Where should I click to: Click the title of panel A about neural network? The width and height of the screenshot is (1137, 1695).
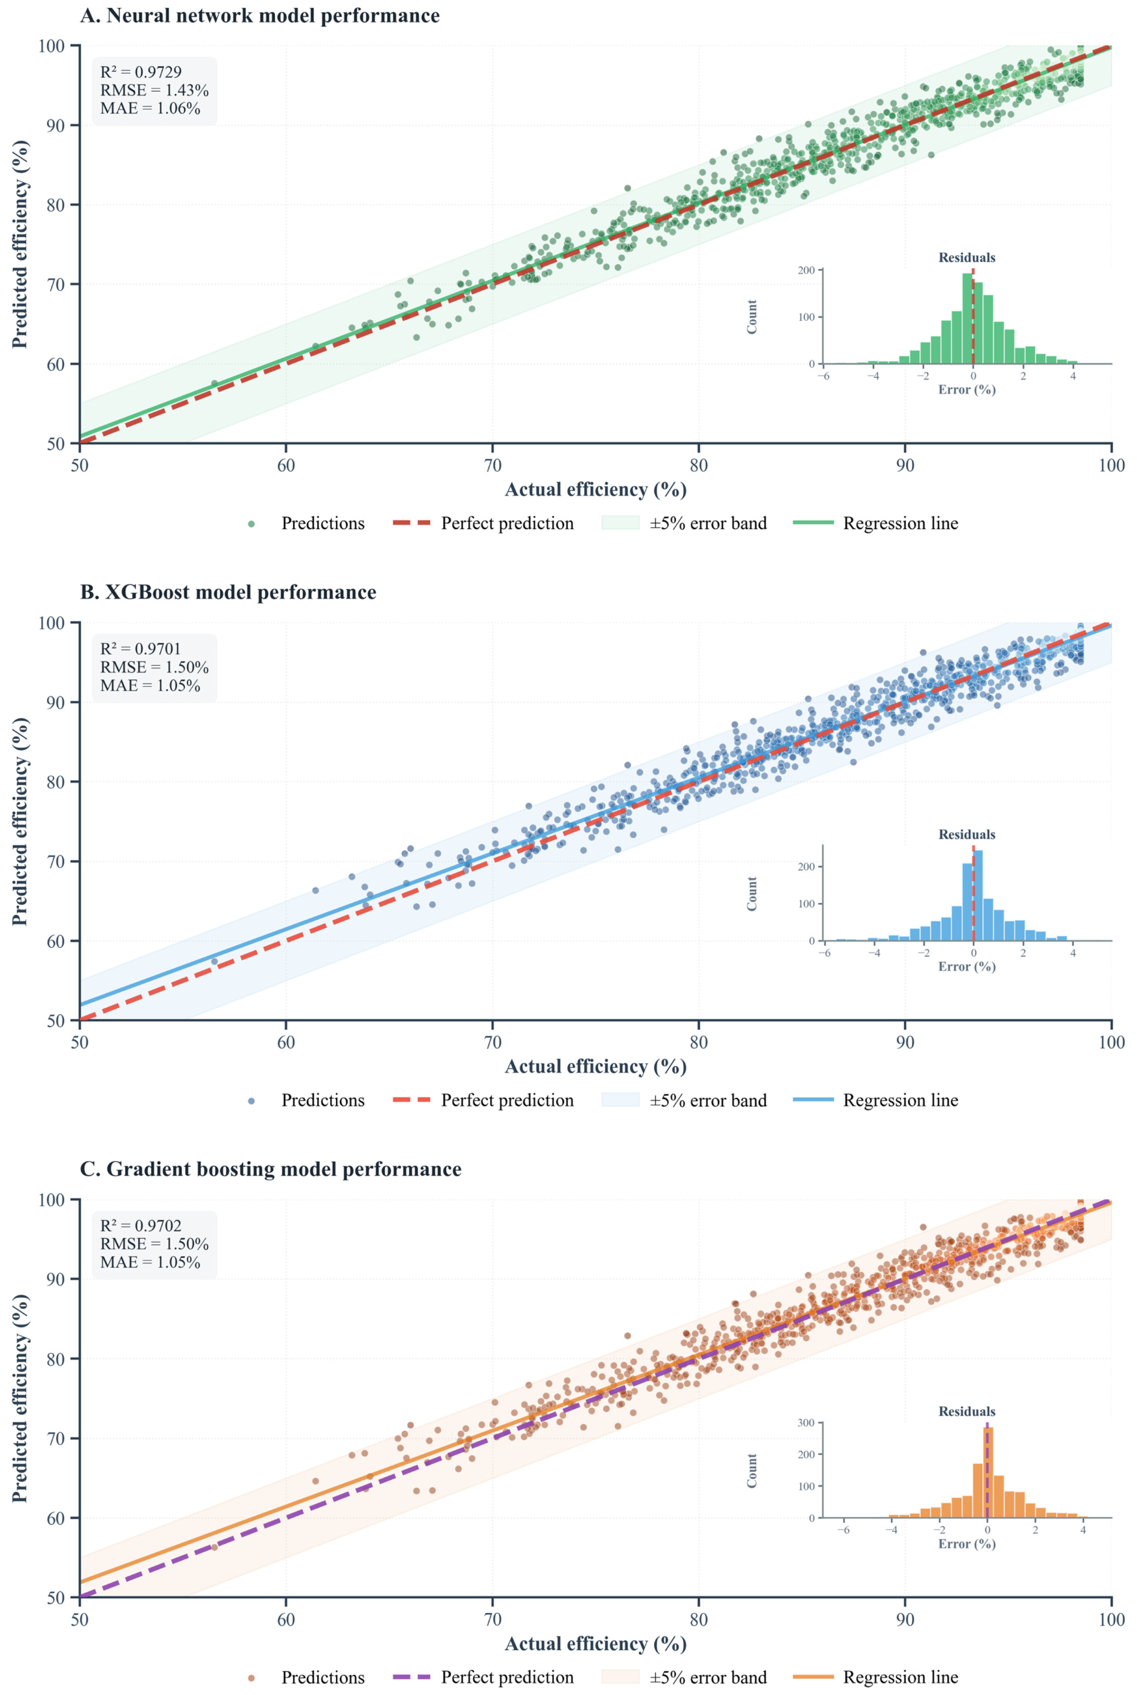pyautogui.click(x=259, y=16)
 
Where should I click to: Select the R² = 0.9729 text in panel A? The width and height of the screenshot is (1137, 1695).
pyautogui.click(x=141, y=72)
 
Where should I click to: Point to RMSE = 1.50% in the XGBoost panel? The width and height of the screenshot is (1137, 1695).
pyautogui.click(x=153, y=667)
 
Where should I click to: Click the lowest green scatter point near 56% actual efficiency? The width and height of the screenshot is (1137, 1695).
pyautogui.click(x=214, y=383)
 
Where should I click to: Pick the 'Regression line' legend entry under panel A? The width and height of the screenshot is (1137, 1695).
pyautogui.click(x=875, y=523)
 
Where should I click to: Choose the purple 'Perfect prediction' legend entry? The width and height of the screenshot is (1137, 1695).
pyautogui.click(x=483, y=1677)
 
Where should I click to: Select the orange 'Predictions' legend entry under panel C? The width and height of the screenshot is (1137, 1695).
pyautogui.click(x=305, y=1677)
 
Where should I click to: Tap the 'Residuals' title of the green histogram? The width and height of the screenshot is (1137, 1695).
pyautogui.click(x=967, y=258)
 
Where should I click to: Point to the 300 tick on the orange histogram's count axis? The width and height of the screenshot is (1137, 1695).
pyautogui.click(x=806, y=1423)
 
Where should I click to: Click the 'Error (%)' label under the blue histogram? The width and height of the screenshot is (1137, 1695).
pyautogui.click(x=967, y=967)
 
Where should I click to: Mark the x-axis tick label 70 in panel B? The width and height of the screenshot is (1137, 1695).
pyautogui.click(x=492, y=1043)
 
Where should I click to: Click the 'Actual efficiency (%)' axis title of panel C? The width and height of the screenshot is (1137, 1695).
pyautogui.click(x=595, y=1644)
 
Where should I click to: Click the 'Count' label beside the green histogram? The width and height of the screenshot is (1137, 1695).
pyautogui.click(x=752, y=317)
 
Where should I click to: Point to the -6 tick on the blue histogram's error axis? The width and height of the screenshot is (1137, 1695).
pyautogui.click(x=824, y=953)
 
